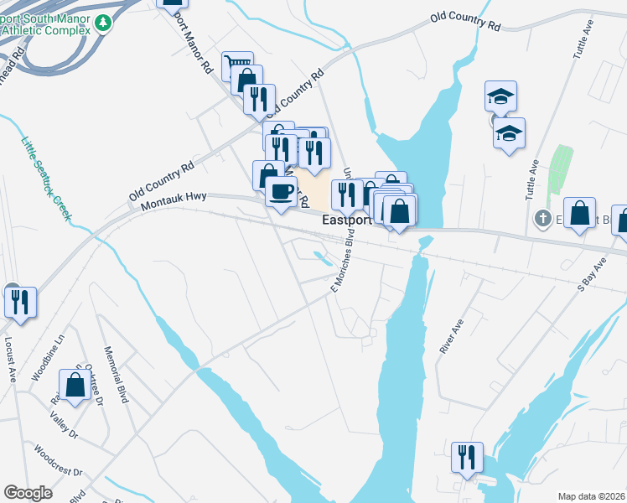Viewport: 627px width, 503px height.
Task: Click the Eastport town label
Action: point(347,220)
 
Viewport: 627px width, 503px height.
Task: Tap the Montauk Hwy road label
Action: point(174,200)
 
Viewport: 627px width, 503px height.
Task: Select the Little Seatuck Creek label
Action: point(46,178)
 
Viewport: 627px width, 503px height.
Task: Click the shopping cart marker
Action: point(238,66)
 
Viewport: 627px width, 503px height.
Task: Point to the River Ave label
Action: point(451,334)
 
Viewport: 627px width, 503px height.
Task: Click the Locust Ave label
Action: point(11,360)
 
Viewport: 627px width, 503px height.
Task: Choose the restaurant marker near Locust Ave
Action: point(21,301)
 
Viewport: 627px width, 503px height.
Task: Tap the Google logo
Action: point(28,493)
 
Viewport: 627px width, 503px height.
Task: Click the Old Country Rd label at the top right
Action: point(464,22)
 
